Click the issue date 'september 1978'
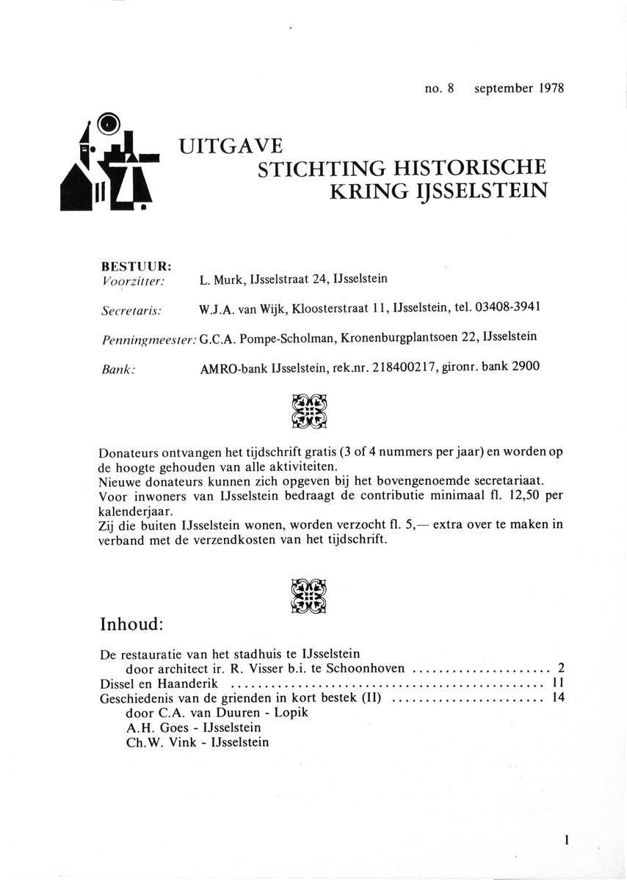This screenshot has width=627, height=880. point(519,89)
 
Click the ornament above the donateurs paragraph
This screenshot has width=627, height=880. point(309,411)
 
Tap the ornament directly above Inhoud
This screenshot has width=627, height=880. point(309,595)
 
